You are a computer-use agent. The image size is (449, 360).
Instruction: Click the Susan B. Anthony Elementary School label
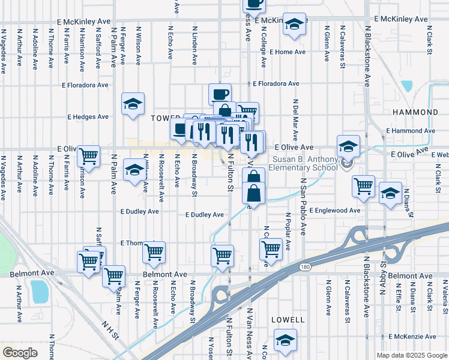click(x=305, y=164)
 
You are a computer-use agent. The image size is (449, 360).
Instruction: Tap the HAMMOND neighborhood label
click(x=415, y=112)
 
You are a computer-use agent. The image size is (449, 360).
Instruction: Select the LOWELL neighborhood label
click(x=284, y=320)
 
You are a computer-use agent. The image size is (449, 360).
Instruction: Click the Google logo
click(x=20, y=353)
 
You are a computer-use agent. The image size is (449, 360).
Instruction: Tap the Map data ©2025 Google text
click(x=411, y=355)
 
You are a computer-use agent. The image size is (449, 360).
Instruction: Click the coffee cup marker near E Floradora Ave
click(x=220, y=94)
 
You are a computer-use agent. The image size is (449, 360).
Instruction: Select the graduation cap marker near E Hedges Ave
click(x=133, y=104)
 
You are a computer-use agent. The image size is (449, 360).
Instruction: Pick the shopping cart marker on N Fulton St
click(x=223, y=254)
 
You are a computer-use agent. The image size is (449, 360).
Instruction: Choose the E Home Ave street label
click(x=288, y=52)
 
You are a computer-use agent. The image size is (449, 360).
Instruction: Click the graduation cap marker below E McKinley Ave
click(x=294, y=25)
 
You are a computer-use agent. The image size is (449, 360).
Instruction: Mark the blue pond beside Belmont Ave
click(x=40, y=291)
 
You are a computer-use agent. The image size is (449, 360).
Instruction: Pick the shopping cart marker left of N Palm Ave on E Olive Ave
click(x=89, y=156)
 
